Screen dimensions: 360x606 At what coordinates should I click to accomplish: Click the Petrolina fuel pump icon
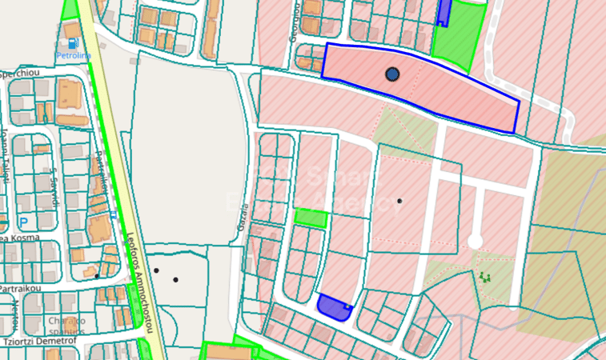point(74,44)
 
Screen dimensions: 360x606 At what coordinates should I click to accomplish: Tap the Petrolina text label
point(74,56)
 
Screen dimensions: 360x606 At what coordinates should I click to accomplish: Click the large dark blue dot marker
point(392,74)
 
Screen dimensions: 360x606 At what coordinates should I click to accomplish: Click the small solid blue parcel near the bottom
point(333,307)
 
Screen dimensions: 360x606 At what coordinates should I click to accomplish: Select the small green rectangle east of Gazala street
point(311,218)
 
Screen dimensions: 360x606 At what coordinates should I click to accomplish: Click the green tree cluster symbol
point(484,277)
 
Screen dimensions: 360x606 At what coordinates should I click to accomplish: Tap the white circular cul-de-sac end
point(475,241)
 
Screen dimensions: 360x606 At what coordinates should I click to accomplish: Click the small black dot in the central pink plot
point(399,200)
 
